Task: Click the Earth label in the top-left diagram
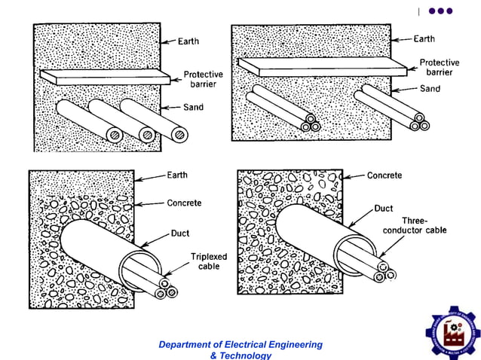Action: pos(188,41)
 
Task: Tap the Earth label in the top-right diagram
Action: pos(424,38)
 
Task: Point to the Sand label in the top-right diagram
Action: pos(430,88)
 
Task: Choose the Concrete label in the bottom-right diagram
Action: pos(384,175)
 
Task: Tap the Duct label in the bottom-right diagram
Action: pos(384,208)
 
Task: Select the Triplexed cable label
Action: pos(205,261)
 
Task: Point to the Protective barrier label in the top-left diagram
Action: pos(204,79)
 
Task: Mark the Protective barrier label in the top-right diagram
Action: pos(437,68)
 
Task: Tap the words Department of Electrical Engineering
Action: pos(240,345)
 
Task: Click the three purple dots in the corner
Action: pos(440,11)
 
